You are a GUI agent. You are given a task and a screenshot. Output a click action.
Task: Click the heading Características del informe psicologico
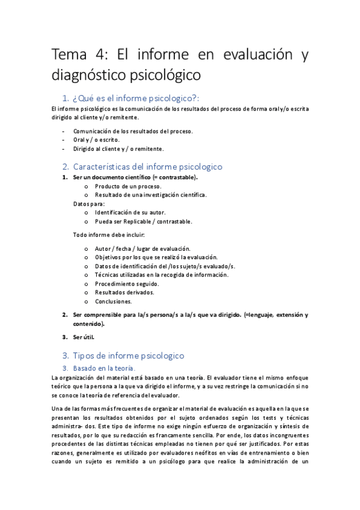(x=147, y=167)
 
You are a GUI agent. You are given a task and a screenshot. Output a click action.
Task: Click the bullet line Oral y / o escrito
(x=96, y=140)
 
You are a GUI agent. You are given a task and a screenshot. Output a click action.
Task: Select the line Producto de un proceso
(x=127, y=186)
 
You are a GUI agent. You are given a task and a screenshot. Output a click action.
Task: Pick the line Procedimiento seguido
(x=126, y=284)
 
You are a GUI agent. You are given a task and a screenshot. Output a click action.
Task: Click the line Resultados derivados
(x=124, y=292)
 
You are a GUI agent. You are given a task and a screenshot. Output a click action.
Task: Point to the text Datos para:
(x=88, y=204)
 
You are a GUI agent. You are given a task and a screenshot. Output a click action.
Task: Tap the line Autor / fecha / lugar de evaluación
(x=142, y=248)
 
